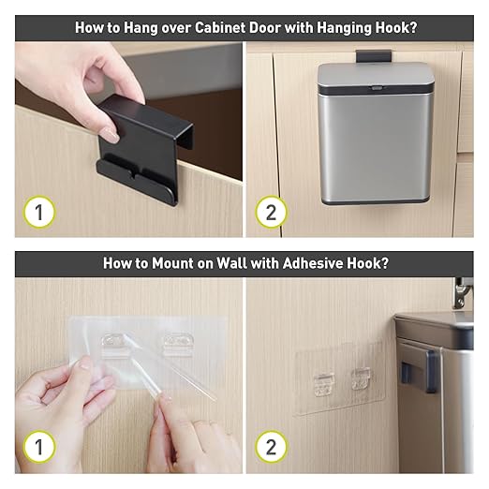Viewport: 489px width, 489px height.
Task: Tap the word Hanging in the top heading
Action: [344, 28]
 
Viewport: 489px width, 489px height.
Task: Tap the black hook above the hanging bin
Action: [374, 56]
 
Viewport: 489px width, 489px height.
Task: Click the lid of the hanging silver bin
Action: [376, 77]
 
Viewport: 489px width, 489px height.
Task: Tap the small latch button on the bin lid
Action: [376, 88]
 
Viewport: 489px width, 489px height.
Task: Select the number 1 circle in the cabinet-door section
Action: [39, 212]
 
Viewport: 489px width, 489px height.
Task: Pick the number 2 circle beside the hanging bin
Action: [271, 212]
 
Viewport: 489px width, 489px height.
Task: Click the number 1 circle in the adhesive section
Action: [39, 447]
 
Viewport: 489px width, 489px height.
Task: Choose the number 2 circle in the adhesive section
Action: [271, 447]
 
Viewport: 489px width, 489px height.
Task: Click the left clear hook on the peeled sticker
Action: [114, 345]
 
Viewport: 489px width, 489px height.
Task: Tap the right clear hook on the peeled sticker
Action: [178, 344]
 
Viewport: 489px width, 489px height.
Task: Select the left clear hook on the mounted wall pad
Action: [324, 385]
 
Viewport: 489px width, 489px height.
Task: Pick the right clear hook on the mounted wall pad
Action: [361, 379]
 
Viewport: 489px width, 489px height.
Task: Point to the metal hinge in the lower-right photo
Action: [462, 293]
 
